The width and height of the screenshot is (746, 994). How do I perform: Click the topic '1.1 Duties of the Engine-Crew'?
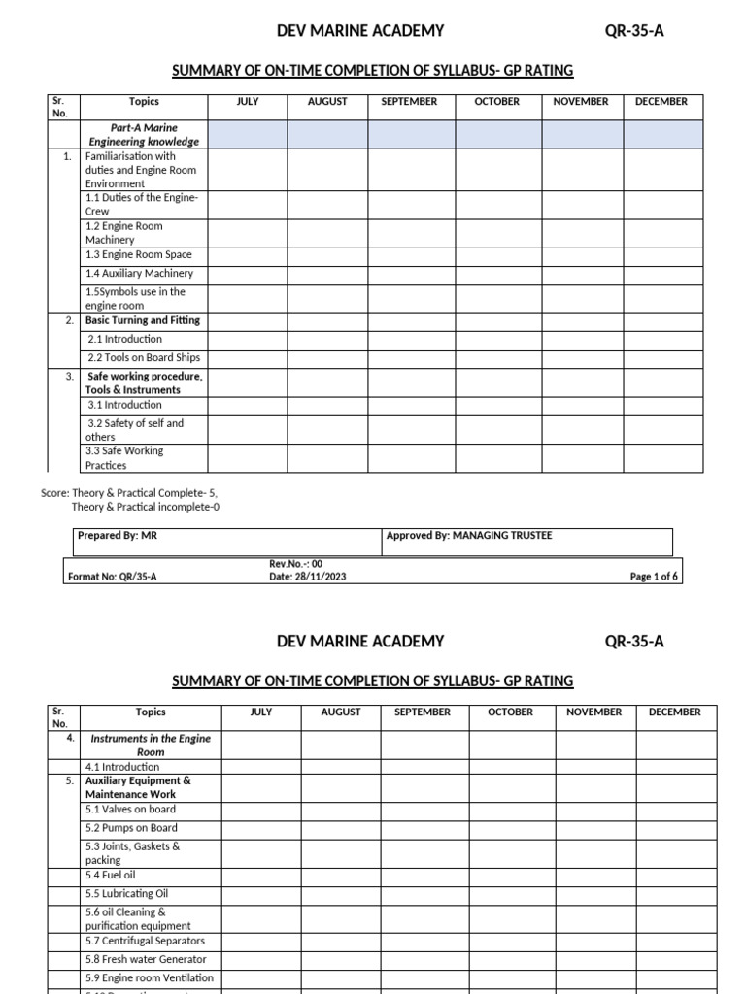click(142, 204)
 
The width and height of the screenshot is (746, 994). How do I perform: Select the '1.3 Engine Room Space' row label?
click(139, 255)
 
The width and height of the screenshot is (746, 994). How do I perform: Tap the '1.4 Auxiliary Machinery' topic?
click(139, 274)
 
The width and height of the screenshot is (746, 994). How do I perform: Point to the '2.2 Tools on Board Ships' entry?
click(144, 358)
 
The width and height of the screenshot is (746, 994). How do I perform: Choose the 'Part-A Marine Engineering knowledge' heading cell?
click(144, 135)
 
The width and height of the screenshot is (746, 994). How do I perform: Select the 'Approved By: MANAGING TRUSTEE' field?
click(469, 536)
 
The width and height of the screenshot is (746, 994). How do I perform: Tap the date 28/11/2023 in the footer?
click(307, 577)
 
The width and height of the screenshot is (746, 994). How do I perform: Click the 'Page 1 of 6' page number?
click(655, 577)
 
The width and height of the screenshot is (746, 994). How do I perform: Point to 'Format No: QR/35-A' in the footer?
click(113, 577)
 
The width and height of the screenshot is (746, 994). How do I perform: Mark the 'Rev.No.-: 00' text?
click(295, 564)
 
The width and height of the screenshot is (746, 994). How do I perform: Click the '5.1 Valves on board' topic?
click(130, 810)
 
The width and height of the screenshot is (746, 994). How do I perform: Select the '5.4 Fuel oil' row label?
click(111, 875)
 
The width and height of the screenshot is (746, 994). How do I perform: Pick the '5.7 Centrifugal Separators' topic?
click(145, 941)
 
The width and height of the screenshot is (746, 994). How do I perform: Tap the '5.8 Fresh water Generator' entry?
click(146, 959)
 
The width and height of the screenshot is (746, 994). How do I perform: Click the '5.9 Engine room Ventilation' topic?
click(150, 978)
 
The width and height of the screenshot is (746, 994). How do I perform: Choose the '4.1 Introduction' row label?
click(122, 767)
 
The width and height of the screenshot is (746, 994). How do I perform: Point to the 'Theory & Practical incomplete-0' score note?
click(145, 507)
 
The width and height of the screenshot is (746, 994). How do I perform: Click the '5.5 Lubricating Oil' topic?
click(129, 894)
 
